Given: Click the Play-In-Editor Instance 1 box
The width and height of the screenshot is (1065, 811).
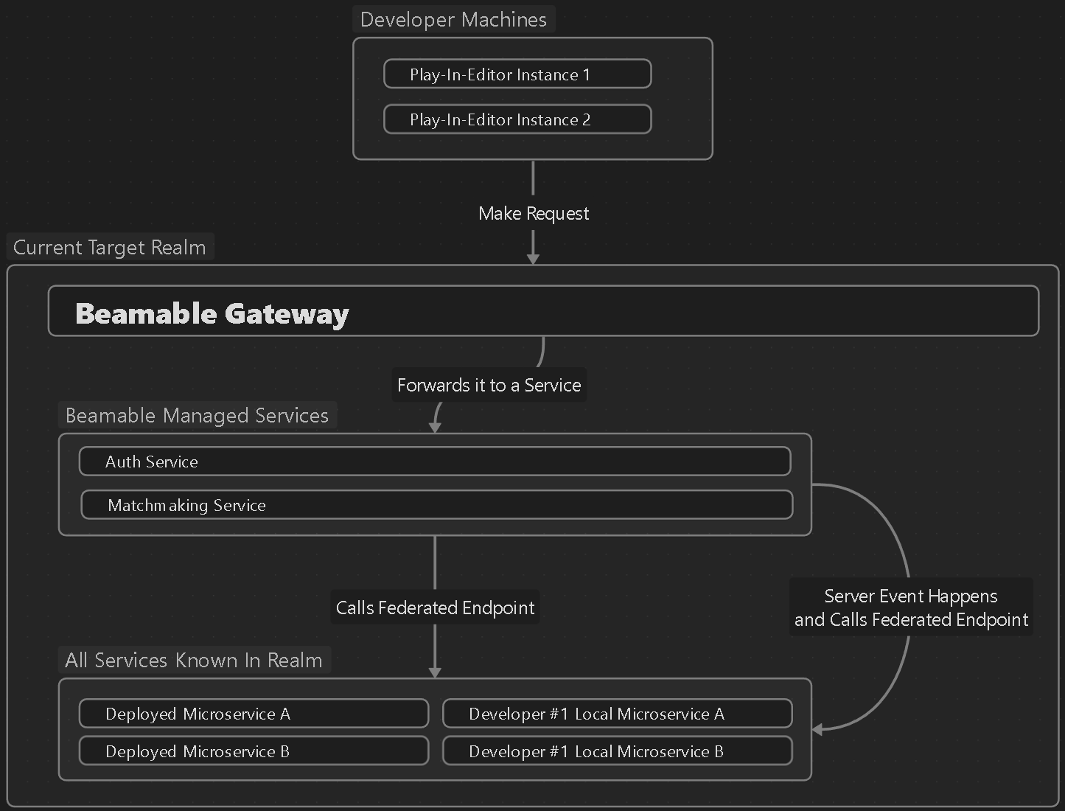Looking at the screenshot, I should point(517,74).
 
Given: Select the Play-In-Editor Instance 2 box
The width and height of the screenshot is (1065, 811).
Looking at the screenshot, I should point(517,119).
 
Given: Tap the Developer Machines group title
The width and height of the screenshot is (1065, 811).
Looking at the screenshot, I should point(453,20).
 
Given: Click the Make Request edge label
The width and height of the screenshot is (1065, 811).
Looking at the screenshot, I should point(534,214).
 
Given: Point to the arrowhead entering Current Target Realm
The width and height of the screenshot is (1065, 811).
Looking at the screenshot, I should point(533,258).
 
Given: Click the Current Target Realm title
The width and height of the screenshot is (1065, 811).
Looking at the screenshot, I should point(110,247).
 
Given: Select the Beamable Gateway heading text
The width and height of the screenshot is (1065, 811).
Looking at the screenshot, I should point(212,313).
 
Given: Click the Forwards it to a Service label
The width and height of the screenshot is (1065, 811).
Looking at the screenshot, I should point(489,385).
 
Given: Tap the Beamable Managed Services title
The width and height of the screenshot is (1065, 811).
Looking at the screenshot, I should point(197,415).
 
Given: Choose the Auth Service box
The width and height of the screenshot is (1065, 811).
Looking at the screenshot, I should point(435,462).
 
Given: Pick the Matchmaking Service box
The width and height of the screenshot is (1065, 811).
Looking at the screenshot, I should point(436,505).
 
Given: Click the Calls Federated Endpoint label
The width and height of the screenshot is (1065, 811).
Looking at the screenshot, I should point(435,608).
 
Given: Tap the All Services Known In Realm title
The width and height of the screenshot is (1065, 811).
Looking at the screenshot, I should point(194,660).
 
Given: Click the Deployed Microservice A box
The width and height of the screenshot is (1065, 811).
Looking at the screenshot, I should point(254,714).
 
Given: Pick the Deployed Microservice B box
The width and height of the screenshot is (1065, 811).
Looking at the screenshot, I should point(254,751).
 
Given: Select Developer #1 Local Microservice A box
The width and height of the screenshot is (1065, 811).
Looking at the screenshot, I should point(617,714).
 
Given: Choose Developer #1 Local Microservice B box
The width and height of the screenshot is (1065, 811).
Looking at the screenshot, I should point(617,751).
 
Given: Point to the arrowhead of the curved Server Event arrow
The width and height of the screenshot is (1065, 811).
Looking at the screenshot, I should point(817,730).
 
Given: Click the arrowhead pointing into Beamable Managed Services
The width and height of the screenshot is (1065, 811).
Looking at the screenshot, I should point(435,427).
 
